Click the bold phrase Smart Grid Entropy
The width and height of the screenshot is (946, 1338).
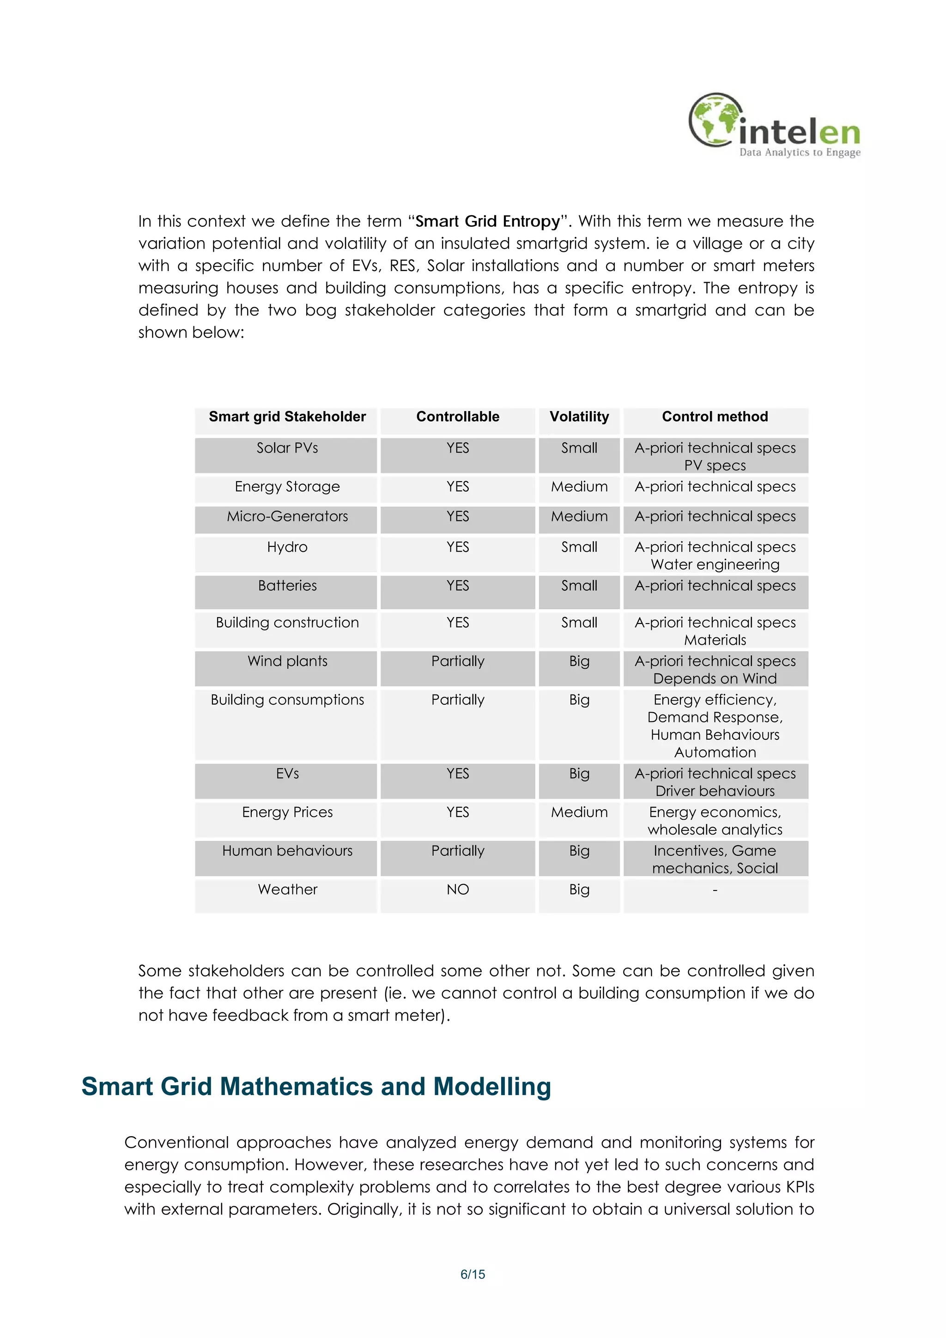(487, 221)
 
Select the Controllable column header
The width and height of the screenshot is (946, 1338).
(458, 417)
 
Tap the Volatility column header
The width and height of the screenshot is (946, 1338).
(579, 417)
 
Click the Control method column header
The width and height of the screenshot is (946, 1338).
(715, 417)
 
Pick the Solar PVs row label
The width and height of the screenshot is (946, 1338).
(287, 448)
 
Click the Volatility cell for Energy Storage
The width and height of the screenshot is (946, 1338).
(579, 487)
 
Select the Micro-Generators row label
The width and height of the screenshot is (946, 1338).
(287, 516)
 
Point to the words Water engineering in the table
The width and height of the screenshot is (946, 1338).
(715, 565)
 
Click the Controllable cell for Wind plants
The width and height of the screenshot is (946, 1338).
(458, 661)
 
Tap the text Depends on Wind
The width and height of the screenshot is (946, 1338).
(715, 679)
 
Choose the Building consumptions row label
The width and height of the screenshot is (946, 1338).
(287, 700)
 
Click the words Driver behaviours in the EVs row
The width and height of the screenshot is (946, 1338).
(715, 791)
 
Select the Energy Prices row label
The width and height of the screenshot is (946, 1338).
(287, 812)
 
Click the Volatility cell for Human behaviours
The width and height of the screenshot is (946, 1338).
(579, 851)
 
